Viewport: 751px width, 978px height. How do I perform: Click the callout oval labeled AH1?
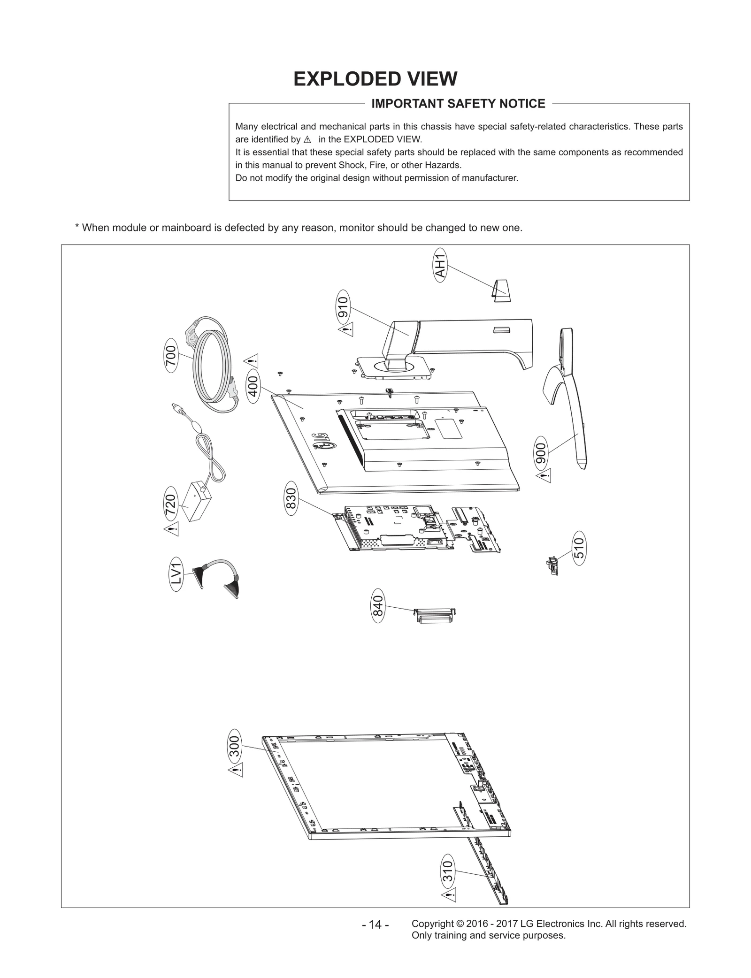tap(440, 265)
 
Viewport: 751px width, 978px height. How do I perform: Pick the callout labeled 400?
tap(253, 387)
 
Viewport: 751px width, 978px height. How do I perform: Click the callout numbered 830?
tap(291, 501)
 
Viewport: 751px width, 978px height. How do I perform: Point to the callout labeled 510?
tap(579, 548)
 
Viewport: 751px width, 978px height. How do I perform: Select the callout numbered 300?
tap(234, 746)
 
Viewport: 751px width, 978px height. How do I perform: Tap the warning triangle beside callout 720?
tap(171, 529)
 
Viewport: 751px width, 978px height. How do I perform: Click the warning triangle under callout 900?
tap(544, 477)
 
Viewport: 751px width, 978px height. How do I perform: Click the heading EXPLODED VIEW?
tap(375, 79)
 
